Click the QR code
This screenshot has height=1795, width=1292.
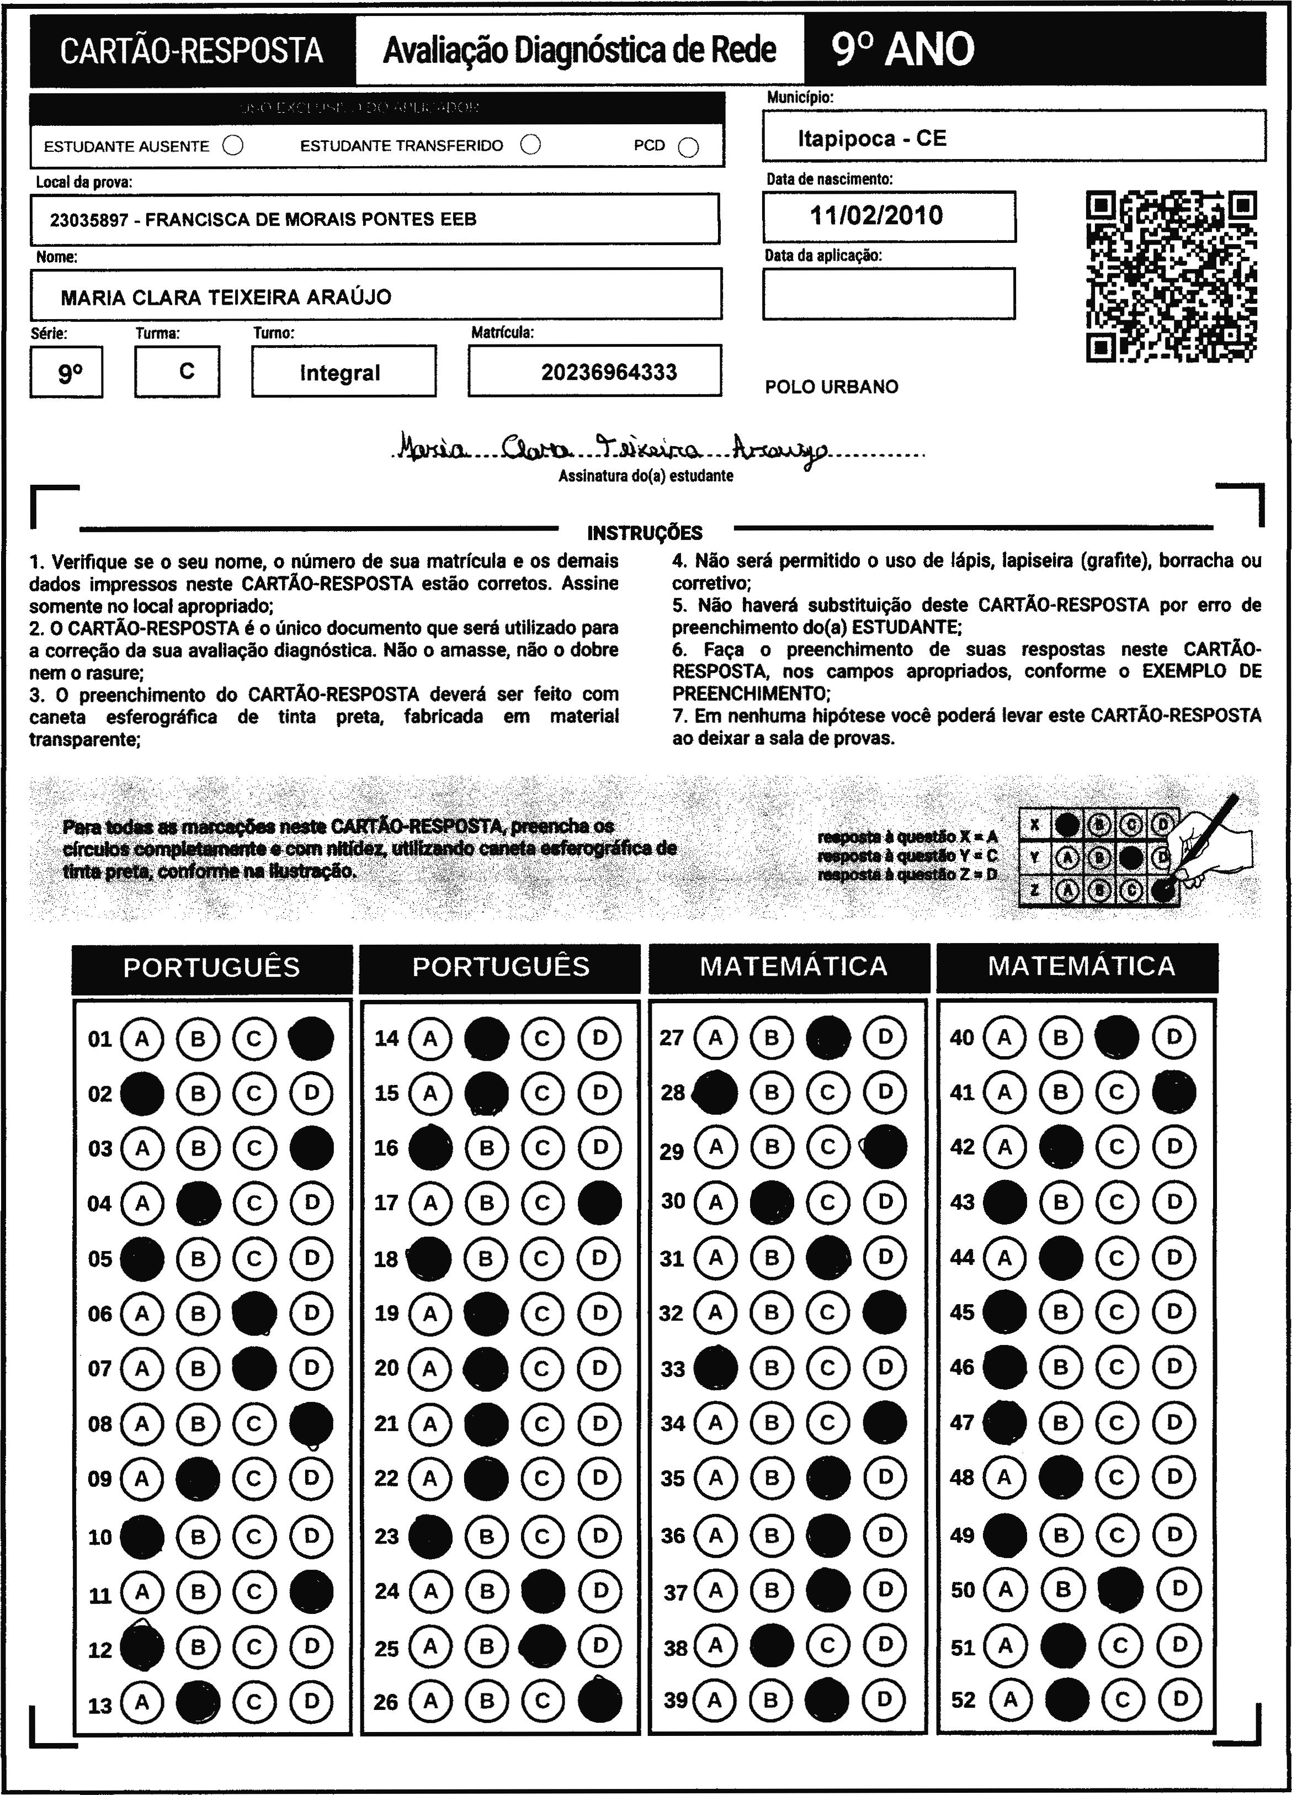[1171, 276]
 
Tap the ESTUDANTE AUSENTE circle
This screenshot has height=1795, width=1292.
[233, 146]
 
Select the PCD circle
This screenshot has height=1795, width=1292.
[688, 147]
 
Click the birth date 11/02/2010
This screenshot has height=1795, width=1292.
[876, 215]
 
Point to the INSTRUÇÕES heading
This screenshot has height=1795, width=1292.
[645, 533]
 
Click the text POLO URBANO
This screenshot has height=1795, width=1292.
[832, 387]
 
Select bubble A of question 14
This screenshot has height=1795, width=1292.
[429, 1037]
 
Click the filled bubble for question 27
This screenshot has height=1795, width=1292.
[828, 1037]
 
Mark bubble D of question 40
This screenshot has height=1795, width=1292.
[1174, 1037]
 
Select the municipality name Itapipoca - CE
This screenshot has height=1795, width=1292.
[872, 139]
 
